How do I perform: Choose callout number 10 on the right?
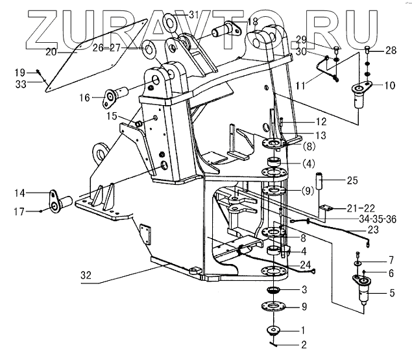click(x=389, y=85)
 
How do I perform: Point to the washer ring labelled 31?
click(x=171, y=23)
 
